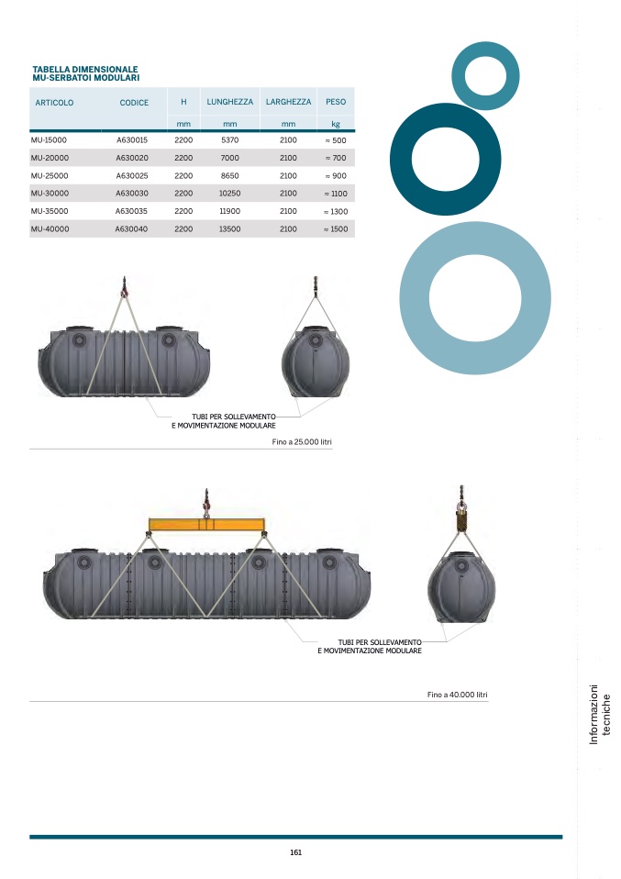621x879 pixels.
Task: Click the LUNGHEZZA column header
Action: click(x=229, y=102)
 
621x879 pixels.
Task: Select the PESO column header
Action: click(x=336, y=102)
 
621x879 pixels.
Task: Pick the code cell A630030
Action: click(x=132, y=194)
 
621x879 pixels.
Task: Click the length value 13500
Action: click(x=229, y=229)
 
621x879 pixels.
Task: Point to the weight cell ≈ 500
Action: click(x=336, y=140)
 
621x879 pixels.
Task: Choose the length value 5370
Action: click(x=229, y=140)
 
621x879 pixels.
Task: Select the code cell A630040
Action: click(x=132, y=229)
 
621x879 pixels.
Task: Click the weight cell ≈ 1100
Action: click(x=336, y=194)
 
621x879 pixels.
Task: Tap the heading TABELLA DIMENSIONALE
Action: click(x=84, y=68)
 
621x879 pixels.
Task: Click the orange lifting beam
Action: click(x=206, y=526)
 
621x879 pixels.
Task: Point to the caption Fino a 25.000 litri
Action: click(x=302, y=442)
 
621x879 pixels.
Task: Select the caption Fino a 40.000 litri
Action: click(x=457, y=695)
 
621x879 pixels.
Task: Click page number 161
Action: click(x=295, y=852)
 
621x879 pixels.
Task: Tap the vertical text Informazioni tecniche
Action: click(x=598, y=715)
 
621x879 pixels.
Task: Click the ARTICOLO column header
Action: click(x=54, y=103)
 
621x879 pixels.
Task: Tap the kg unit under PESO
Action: click(x=336, y=124)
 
